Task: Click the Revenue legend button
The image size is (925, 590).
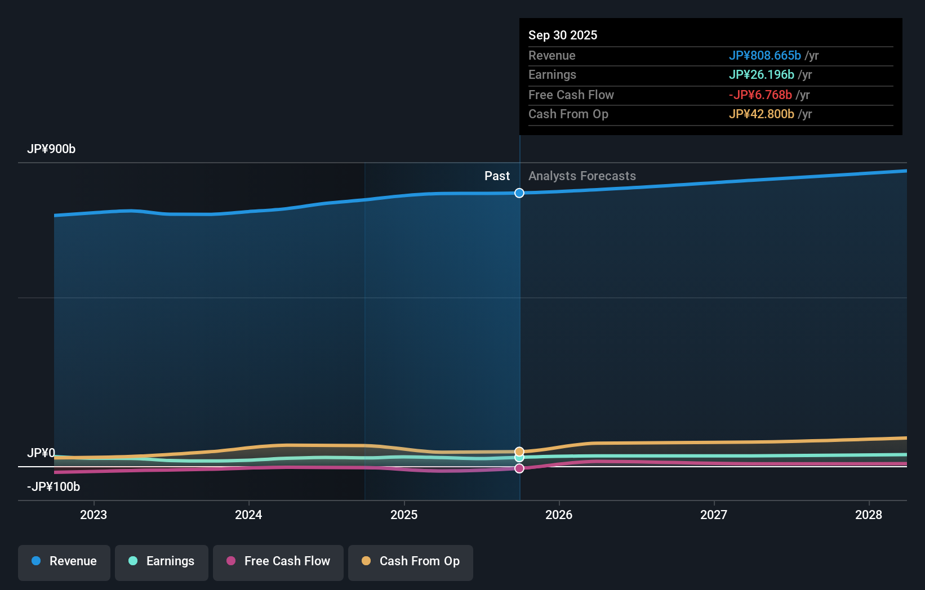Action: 64,561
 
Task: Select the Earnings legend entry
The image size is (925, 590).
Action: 162,561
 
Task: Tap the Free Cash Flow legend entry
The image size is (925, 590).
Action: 278,561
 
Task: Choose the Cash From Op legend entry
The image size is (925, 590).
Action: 411,561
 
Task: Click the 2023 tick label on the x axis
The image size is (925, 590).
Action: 94,515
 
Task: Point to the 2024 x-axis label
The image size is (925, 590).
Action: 248,515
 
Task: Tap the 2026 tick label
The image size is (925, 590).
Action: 559,515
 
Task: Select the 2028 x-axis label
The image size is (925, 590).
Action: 869,515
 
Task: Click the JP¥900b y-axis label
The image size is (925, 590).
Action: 51,149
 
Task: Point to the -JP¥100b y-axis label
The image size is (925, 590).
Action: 54,487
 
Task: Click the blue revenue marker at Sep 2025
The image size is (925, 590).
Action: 519,193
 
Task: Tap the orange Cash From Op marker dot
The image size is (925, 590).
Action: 519,452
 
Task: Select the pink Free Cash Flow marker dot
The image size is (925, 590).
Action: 519,468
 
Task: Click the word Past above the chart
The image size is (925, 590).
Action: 497,176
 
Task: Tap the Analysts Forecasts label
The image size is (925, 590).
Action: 582,176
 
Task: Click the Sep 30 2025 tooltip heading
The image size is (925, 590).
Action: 563,35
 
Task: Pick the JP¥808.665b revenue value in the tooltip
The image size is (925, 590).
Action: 764,56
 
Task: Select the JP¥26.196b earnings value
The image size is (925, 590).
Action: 761,75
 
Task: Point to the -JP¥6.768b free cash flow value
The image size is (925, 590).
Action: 760,95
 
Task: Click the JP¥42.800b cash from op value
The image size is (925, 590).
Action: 761,114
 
